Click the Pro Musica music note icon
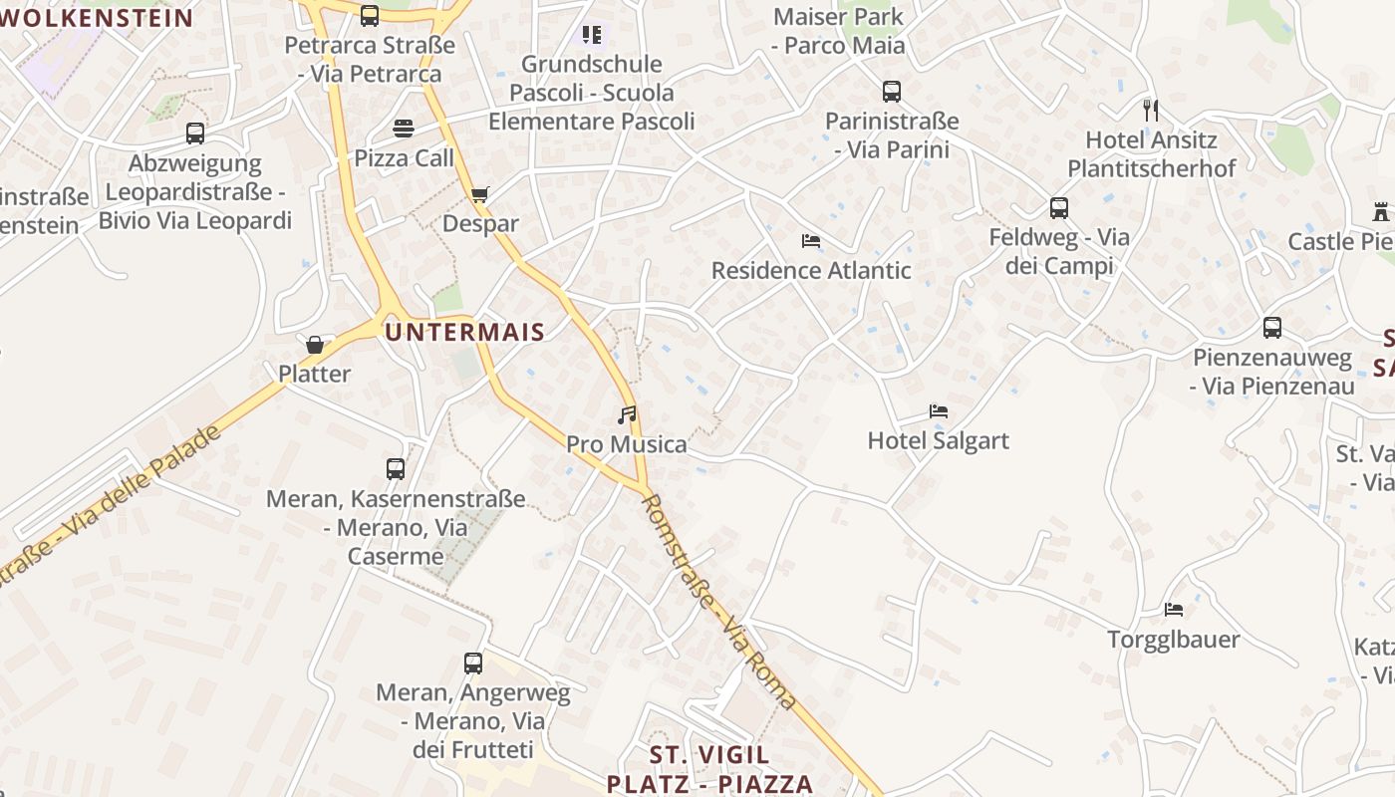point(627,414)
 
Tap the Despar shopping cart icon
point(480,194)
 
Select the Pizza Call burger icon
point(404,129)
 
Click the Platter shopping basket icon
point(315,346)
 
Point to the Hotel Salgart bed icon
point(938,410)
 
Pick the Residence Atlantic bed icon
point(811,241)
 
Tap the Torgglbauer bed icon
point(1174,609)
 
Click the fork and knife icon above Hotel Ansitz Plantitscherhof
point(1151,110)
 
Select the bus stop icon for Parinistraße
point(892,92)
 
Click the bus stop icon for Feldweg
point(1059,208)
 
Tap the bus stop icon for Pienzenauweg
point(1272,328)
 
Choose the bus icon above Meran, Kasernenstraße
point(396,469)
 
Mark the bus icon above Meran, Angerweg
point(473,663)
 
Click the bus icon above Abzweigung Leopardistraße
point(195,133)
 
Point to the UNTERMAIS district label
point(464,333)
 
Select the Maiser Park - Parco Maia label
point(839,31)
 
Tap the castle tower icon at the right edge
point(1381,212)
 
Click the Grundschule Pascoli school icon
point(592,36)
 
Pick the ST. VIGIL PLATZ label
point(709,768)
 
